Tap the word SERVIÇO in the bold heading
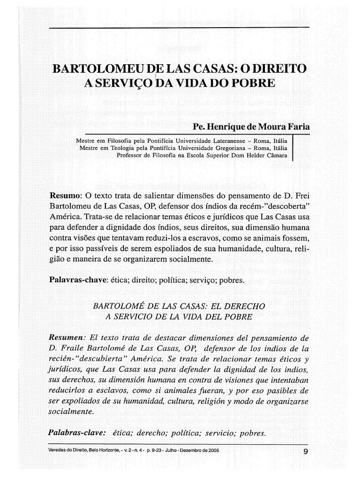click(x=125, y=84)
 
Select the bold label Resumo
click(x=66, y=195)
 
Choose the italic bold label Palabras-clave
click(x=77, y=433)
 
